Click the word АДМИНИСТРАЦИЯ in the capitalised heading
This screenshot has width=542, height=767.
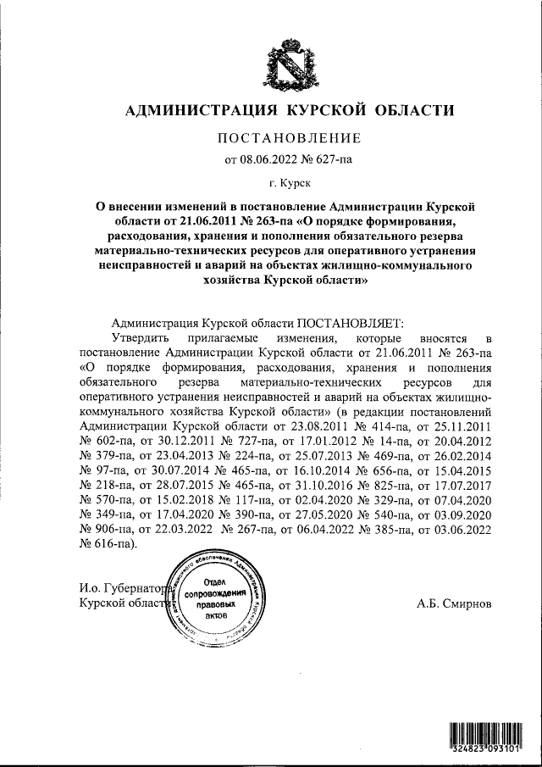coord(201,110)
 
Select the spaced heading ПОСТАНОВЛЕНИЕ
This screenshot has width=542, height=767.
coord(290,138)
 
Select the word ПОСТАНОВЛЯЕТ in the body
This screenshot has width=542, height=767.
coord(350,323)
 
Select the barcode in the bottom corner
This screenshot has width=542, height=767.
coord(484,733)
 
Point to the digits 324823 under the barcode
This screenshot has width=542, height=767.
coord(466,750)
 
